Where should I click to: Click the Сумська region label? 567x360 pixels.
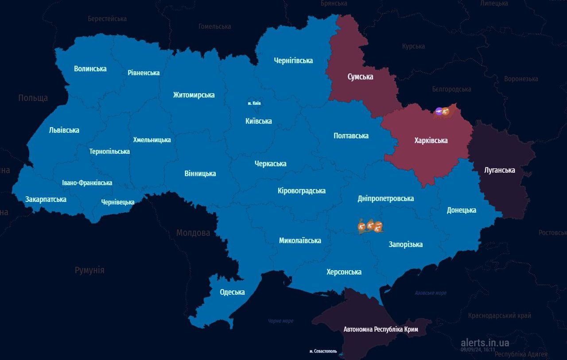(x=360, y=77)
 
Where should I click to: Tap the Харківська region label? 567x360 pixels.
(x=431, y=140)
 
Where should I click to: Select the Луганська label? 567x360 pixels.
(x=500, y=170)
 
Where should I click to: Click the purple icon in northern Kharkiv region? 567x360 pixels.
(x=439, y=112)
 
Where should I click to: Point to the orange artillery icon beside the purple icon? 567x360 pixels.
(x=446, y=112)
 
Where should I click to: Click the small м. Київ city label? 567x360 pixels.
(x=254, y=103)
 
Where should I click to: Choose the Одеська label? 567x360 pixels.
(x=232, y=292)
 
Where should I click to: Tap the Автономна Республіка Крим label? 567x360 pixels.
(x=381, y=329)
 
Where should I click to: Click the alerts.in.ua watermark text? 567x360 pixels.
(x=485, y=343)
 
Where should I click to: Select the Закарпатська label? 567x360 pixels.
(x=46, y=199)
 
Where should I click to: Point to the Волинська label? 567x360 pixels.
(x=90, y=69)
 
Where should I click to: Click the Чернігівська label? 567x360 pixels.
(x=293, y=60)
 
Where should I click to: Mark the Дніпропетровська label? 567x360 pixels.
(x=385, y=198)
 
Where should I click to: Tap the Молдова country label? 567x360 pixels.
(x=193, y=233)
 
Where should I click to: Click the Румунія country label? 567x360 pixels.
(x=89, y=270)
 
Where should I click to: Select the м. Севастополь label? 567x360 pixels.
(x=323, y=351)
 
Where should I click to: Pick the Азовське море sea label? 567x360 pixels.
(x=430, y=293)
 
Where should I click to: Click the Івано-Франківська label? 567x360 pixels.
(x=87, y=183)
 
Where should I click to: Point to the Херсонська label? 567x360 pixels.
(x=344, y=272)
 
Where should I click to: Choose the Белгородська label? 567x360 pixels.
(x=451, y=89)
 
